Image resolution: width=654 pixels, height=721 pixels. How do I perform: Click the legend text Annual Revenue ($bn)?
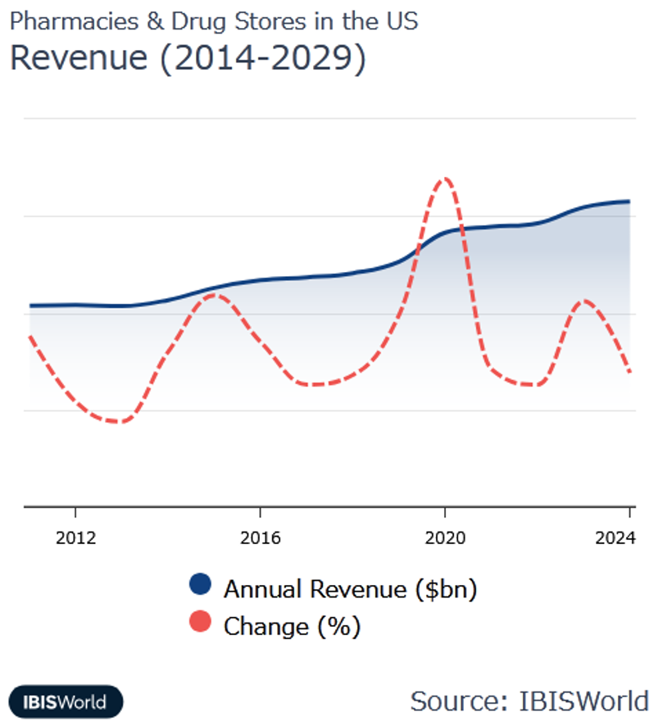(x=350, y=588)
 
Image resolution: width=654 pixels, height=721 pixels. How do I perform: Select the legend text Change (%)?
(x=292, y=627)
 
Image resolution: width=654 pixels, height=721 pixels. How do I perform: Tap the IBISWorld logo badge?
(x=66, y=701)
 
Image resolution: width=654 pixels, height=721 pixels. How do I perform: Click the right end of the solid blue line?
(x=629, y=201)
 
